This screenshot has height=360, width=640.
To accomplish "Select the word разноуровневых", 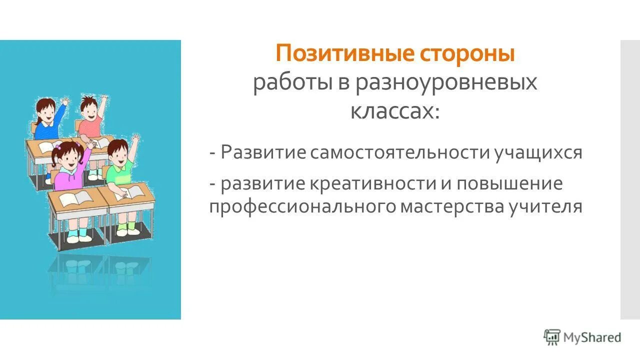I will (446, 82).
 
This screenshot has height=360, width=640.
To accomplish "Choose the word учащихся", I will (538, 153).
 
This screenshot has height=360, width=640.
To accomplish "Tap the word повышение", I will (508, 183).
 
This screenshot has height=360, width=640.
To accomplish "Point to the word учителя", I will (546, 206).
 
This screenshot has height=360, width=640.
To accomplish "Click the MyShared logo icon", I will (552, 337).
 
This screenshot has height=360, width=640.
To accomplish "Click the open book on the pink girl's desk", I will (75, 197).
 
